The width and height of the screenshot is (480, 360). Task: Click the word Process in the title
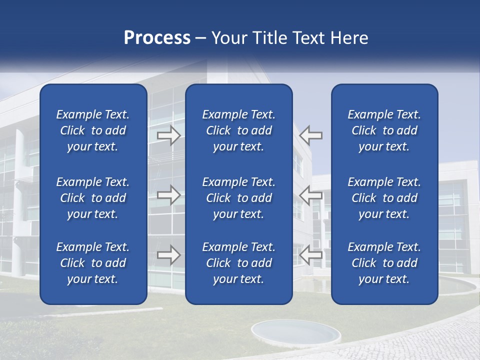tap(157, 38)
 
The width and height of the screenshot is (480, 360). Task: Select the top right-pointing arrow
tap(169, 135)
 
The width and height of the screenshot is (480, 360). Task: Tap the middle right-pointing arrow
tap(169, 195)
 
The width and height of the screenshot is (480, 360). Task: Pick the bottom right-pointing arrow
tap(169, 255)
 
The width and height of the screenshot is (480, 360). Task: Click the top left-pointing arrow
tap(311, 135)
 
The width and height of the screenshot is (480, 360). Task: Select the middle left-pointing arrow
tap(311, 195)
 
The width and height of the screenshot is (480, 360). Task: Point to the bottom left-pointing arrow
tap(311, 255)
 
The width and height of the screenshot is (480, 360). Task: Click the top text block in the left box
tap(93, 130)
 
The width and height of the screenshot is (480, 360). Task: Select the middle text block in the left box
tap(93, 198)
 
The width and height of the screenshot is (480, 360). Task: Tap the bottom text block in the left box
tap(93, 263)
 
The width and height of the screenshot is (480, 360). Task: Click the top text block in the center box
tap(238, 130)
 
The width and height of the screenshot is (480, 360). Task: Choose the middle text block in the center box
tap(238, 198)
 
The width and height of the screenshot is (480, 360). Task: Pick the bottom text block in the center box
tap(238, 263)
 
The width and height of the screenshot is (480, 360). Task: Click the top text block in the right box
tap(384, 130)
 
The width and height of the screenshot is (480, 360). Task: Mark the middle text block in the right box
tap(384, 198)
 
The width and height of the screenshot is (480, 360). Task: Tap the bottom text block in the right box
tap(384, 263)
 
